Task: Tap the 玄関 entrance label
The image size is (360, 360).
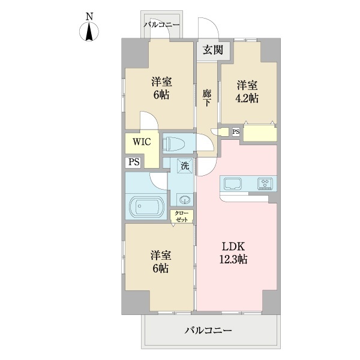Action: (x=212, y=50)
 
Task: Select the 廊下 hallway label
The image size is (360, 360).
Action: (x=206, y=97)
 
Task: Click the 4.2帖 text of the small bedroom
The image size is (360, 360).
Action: (x=247, y=99)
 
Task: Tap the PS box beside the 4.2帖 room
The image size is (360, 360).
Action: (x=236, y=132)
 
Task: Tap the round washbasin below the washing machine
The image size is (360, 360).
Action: (x=183, y=200)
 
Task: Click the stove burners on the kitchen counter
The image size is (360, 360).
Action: (x=265, y=183)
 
